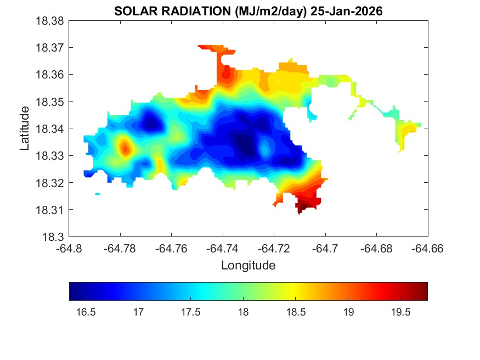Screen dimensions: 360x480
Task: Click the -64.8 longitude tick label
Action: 69,249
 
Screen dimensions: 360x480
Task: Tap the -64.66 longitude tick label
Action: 428,249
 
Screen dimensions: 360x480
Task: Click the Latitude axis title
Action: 25,129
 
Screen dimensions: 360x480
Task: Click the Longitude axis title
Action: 248,266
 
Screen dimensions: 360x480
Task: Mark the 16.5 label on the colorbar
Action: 86,312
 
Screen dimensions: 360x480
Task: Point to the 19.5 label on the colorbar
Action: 400,312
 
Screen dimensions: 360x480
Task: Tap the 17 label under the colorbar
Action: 138,312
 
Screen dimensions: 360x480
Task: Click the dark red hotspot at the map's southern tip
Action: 302,207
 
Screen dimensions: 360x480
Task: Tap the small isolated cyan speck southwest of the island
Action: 98,194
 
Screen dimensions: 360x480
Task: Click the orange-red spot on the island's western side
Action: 126,148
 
